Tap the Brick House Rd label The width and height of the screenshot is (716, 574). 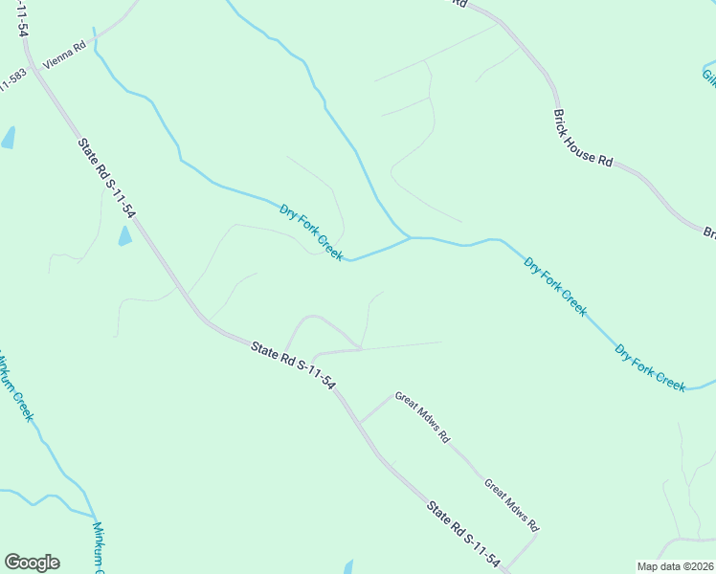pos(582,138)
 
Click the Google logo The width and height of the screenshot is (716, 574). pos(32,563)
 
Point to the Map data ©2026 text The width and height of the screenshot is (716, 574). pos(674,566)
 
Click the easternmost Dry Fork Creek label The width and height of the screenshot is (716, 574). pos(650,368)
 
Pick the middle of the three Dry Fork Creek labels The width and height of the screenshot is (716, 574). pos(555,285)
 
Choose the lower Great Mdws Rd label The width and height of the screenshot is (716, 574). pos(511,505)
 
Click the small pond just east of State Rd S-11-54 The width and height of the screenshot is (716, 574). pos(124,236)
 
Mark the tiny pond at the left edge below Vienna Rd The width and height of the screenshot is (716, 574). pos(9,138)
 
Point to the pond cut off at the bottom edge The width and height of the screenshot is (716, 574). pos(348,567)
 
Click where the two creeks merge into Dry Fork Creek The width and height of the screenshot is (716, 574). pos(410,236)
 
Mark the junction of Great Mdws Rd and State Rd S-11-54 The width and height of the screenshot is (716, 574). pos(359,422)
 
